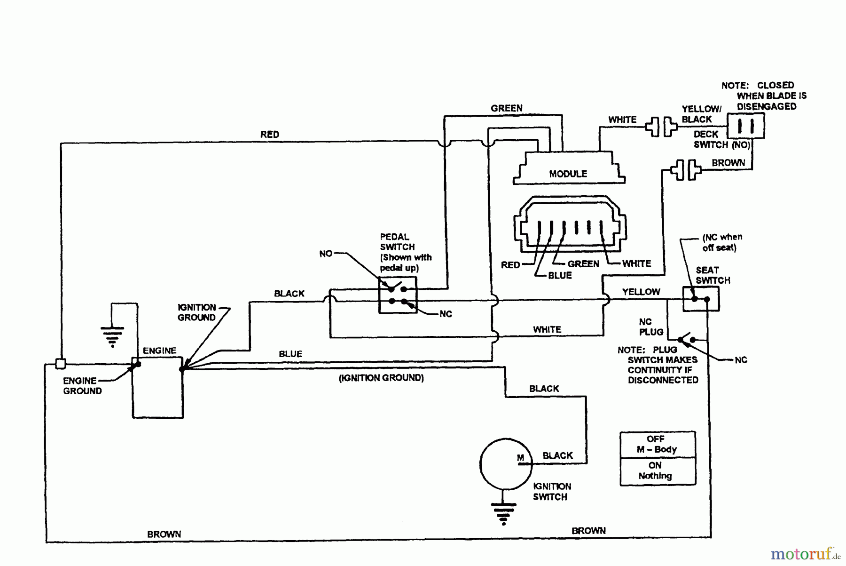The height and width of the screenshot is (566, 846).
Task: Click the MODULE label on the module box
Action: pyautogui.click(x=568, y=174)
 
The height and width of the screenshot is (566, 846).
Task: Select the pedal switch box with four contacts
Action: pyautogui.click(x=398, y=295)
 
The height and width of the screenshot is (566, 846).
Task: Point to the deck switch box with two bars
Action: pyautogui.click(x=746, y=126)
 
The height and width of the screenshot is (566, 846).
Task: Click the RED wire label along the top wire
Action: pyautogui.click(x=270, y=135)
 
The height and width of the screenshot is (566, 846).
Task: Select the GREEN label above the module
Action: pyautogui.click(x=507, y=108)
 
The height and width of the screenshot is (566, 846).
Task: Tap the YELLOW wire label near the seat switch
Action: pyautogui.click(x=641, y=292)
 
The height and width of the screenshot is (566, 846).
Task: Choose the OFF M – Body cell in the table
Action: pyautogui.click(x=657, y=444)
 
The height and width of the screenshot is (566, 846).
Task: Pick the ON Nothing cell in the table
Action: pyautogui.click(x=657, y=471)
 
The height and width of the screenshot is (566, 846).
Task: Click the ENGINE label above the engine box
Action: pyautogui.click(x=160, y=351)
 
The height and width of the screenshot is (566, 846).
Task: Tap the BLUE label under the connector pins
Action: pyautogui.click(x=560, y=276)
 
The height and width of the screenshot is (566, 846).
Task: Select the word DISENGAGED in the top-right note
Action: pyautogui.click(x=767, y=106)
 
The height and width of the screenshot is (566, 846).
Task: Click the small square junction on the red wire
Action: pyautogui.click(x=61, y=364)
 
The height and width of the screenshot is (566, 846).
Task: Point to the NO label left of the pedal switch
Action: pyautogui.click(x=326, y=254)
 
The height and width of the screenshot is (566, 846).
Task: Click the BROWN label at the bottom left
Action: pyautogui.click(x=164, y=534)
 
